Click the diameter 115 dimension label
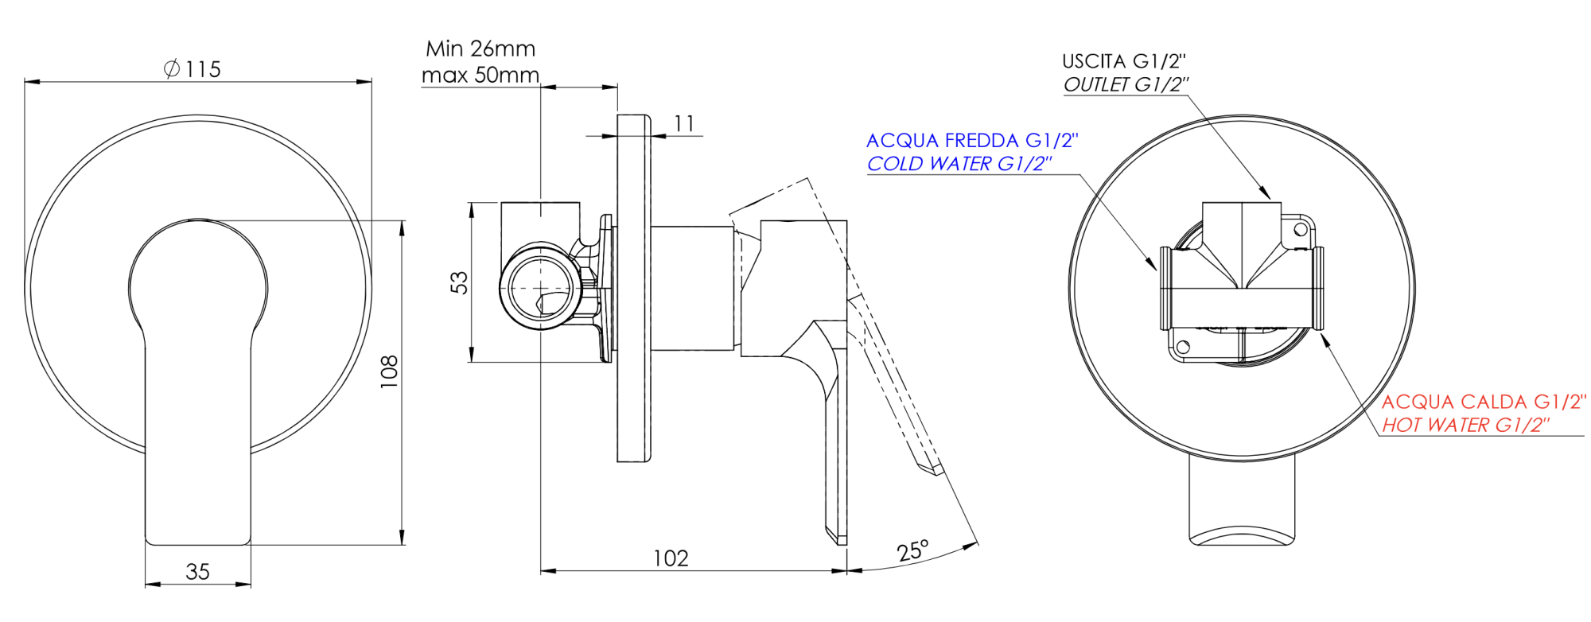pos(193,69)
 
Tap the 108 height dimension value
pos(389,371)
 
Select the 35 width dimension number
pos(197,572)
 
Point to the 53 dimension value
pos(460,282)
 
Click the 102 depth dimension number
pos(671,558)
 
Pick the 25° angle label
pos(912,550)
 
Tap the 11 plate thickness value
pos(684,124)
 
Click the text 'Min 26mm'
pos(480,49)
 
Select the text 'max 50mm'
pos(480,76)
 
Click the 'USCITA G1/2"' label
pos(1123,61)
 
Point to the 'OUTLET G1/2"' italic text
pos(1126,84)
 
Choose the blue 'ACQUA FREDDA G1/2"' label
pos(972,141)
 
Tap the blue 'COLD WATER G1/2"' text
pos(959,164)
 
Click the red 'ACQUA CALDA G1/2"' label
pos(1484,402)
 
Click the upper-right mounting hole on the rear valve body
pos(1301,230)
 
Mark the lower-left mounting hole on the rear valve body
pos(1182,347)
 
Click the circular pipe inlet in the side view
pos(540,287)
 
